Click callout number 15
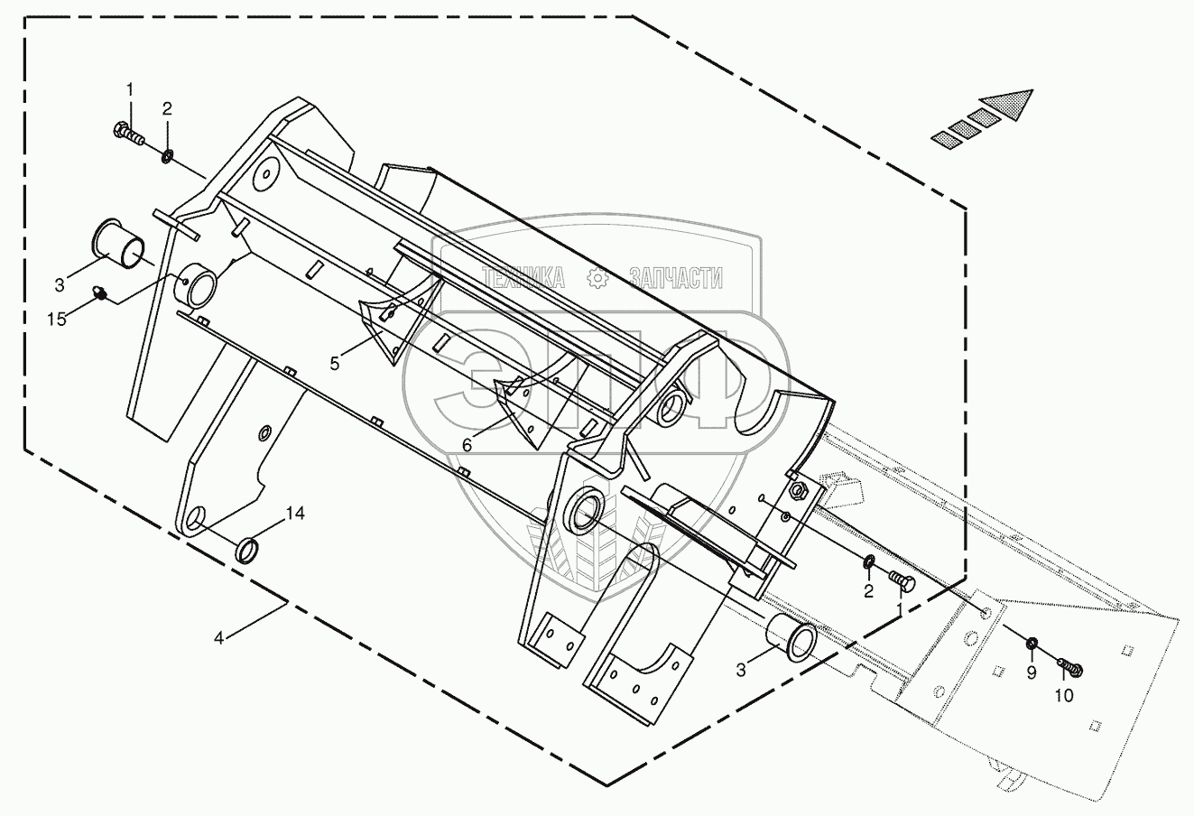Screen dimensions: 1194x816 [x=57, y=320]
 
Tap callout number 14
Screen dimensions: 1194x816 [x=295, y=514]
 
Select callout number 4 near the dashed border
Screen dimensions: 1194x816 [x=218, y=637]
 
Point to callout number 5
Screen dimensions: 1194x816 [x=334, y=364]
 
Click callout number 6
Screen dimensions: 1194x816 [x=467, y=445]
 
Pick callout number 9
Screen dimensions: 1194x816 [x=1032, y=673]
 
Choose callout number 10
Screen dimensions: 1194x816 [x=1064, y=695]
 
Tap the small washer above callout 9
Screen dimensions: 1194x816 [x=1032, y=644]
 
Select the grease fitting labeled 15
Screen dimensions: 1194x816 [x=99, y=292]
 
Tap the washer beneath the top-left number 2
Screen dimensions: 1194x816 [x=167, y=157]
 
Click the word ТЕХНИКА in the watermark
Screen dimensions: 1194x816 [x=523, y=278]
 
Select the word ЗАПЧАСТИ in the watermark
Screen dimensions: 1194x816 [x=676, y=278]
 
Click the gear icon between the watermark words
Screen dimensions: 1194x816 [x=597, y=278]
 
